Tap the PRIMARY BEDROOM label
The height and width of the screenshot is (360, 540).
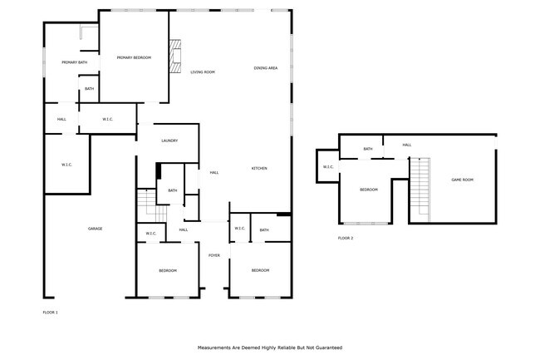[134, 57]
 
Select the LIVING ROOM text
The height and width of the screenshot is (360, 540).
[203, 72]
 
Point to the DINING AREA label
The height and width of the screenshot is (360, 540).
[266, 67]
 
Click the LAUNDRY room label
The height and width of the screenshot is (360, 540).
[169, 141]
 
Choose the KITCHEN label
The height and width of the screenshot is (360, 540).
[259, 169]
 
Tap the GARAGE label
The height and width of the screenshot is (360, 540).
[96, 228]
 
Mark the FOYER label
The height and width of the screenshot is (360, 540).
[214, 255]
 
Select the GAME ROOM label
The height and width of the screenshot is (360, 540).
[462, 180]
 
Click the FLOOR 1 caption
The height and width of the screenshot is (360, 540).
[50, 313]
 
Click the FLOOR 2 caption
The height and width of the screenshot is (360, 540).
[345, 239]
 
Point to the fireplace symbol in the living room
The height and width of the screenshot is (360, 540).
[174, 57]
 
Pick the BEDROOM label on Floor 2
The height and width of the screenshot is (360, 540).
[368, 190]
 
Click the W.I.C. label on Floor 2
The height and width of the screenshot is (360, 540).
[327, 167]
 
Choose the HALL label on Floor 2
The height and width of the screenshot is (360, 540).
[406, 145]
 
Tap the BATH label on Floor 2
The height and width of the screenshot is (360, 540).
[367, 150]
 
